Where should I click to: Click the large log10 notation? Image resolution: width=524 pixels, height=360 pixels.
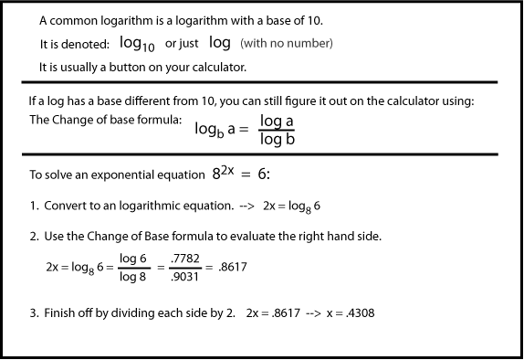click(x=138, y=45)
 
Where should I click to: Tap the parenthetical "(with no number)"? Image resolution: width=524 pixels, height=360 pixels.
click(x=287, y=44)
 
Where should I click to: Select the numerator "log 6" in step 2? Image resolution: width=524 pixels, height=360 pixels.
click(x=133, y=259)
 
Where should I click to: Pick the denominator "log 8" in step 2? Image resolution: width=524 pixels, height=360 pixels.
click(x=133, y=276)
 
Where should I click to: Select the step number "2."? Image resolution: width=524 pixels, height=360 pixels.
click(x=34, y=237)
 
